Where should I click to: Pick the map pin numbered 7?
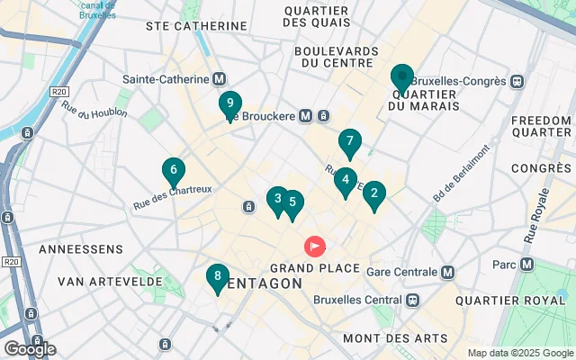pyautogui.click(x=349, y=142)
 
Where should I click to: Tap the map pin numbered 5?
pyautogui.click(x=292, y=203)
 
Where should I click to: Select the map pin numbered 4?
pyautogui.click(x=344, y=181)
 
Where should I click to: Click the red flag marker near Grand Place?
pyautogui.click(x=315, y=245)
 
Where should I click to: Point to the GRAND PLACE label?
pyautogui.click(x=315, y=268)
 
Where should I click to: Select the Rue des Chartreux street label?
pyautogui.click(x=172, y=189)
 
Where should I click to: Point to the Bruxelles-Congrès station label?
pyautogui.click(x=470, y=81)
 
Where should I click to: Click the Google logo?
pyautogui.click(x=30, y=348)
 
